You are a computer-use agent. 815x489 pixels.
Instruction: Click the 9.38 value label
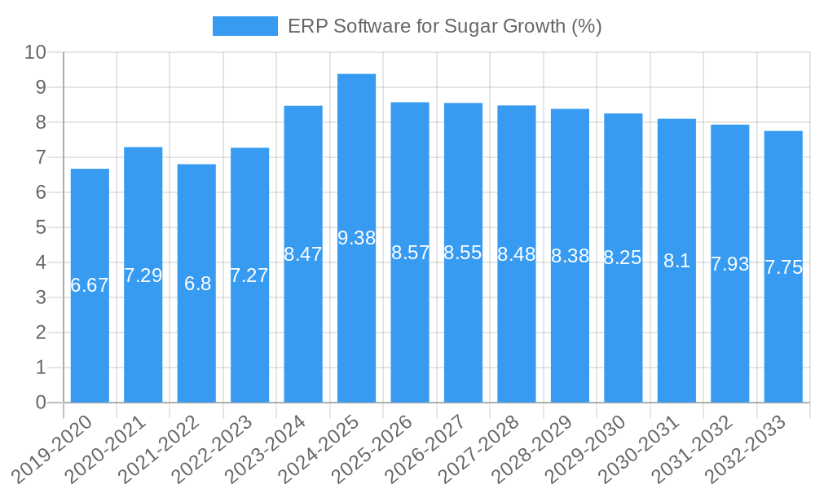[x=356, y=238]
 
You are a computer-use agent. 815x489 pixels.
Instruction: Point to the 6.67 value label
[x=90, y=285]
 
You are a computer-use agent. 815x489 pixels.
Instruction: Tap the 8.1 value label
[x=676, y=261]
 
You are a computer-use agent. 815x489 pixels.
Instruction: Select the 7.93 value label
[x=729, y=264]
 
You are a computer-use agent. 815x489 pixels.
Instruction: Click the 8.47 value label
[x=303, y=253]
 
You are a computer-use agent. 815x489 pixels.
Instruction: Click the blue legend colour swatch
[x=244, y=26]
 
